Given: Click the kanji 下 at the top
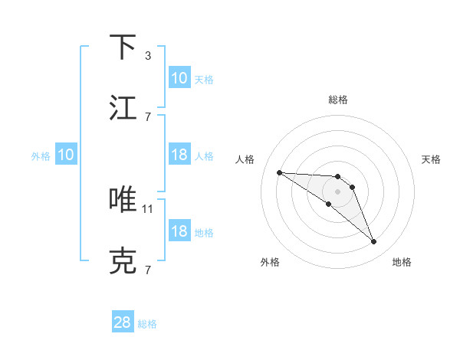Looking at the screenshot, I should tap(123, 47).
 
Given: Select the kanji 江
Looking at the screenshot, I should tap(123, 108).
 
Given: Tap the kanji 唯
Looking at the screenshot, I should tap(123, 200).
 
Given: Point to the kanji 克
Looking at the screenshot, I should tap(123, 261).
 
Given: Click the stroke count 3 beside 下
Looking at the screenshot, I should tap(147, 56).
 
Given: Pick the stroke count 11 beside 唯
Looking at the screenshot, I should tap(149, 208).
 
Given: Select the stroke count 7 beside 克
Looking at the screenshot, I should tap(147, 270).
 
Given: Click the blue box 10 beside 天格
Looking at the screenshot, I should tap(179, 78).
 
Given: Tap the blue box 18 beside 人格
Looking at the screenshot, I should tap(179, 155).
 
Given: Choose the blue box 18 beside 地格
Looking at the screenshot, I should tap(179, 232).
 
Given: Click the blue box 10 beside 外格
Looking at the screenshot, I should tap(66, 155).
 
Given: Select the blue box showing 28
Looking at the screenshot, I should tap(123, 323).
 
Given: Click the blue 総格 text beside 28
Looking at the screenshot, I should tap(147, 324).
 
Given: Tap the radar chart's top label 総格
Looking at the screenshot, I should tap(338, 100).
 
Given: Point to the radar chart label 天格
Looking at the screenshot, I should tap(432, 159).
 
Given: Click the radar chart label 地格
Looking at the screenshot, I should tap(402, 262).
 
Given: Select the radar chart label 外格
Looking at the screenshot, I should tap(270, 262).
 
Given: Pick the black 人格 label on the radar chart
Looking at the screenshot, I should tap(245, 159).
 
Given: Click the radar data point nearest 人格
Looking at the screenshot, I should tap(279, 172).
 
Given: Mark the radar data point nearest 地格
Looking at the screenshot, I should tap(374, 242).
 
